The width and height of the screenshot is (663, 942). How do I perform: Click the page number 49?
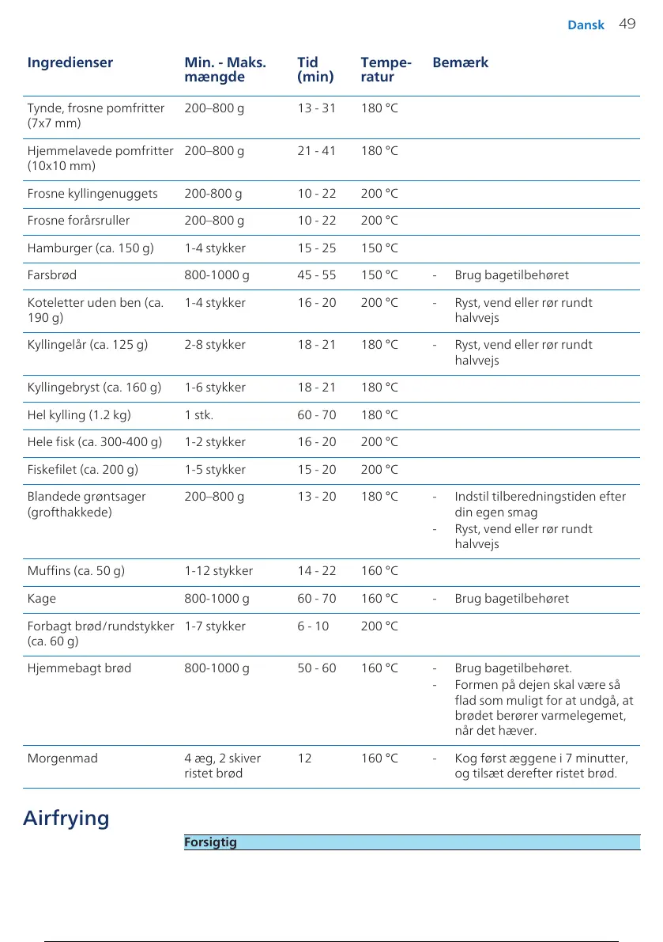click(x=627, y=24)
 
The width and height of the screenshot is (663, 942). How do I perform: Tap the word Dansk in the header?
click(x=586, y=25)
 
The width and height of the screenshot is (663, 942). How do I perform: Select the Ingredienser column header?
click(x=70, y=62)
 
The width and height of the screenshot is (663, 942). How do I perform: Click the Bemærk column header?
click(x=460, y=62)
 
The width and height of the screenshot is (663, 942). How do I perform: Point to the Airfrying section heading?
click(x=66, y=817)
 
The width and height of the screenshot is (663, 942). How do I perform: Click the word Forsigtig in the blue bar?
click(x=210, y=842)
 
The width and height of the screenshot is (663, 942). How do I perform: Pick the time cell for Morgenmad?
click(x=304, y=759)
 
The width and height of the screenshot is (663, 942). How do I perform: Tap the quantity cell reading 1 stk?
click(x=199, y=414)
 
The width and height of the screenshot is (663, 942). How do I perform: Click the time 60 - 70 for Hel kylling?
click(x=316, y=414)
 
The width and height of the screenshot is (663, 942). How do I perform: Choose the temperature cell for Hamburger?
click(x=379, y=248)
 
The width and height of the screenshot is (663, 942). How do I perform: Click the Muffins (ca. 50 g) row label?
click(x=76, y=570)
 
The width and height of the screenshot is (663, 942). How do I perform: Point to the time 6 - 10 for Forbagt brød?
click(x=313, y=626)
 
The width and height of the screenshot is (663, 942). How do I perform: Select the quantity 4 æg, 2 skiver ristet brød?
click(x=222, y=766)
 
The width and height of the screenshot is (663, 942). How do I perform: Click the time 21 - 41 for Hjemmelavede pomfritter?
click(x=316, y=150)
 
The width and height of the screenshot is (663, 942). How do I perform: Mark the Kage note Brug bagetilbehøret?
click(x=511, y=599)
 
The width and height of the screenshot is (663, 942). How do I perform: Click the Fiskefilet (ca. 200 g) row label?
click(x=83, y=469)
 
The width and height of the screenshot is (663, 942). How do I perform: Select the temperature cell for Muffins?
click(x=379, y=570)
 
